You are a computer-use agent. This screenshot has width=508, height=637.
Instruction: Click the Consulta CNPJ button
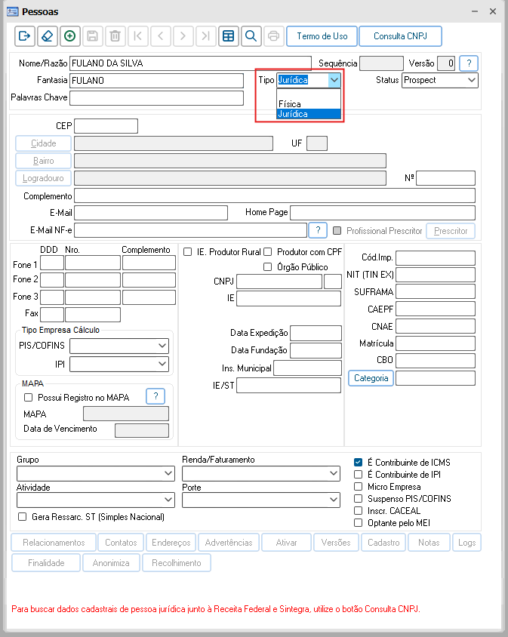(400, 35)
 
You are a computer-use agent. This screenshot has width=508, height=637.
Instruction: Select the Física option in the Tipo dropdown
(290, 104)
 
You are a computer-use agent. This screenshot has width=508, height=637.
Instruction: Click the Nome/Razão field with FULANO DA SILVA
(189, 63)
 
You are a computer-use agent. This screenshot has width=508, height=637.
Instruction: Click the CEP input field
(106, 126)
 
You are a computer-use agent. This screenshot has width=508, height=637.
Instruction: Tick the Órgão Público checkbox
(267, 266)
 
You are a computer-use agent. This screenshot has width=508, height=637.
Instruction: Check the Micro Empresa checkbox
(359, 487)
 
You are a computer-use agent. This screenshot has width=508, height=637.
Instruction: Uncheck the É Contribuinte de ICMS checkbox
(359, 463)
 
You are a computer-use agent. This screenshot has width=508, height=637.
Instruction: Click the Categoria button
(371, 378)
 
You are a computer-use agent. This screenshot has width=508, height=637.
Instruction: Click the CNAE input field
(435, 326)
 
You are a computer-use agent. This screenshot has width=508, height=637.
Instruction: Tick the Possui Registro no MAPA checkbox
(29, 397)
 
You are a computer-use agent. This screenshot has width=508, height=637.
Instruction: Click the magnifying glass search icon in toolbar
(250, 35)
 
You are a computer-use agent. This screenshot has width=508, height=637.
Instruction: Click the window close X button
(492, 11)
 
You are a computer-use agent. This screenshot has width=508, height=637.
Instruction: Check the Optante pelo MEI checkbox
(359, 523)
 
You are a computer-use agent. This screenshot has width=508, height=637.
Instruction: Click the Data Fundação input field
(316, 350)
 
